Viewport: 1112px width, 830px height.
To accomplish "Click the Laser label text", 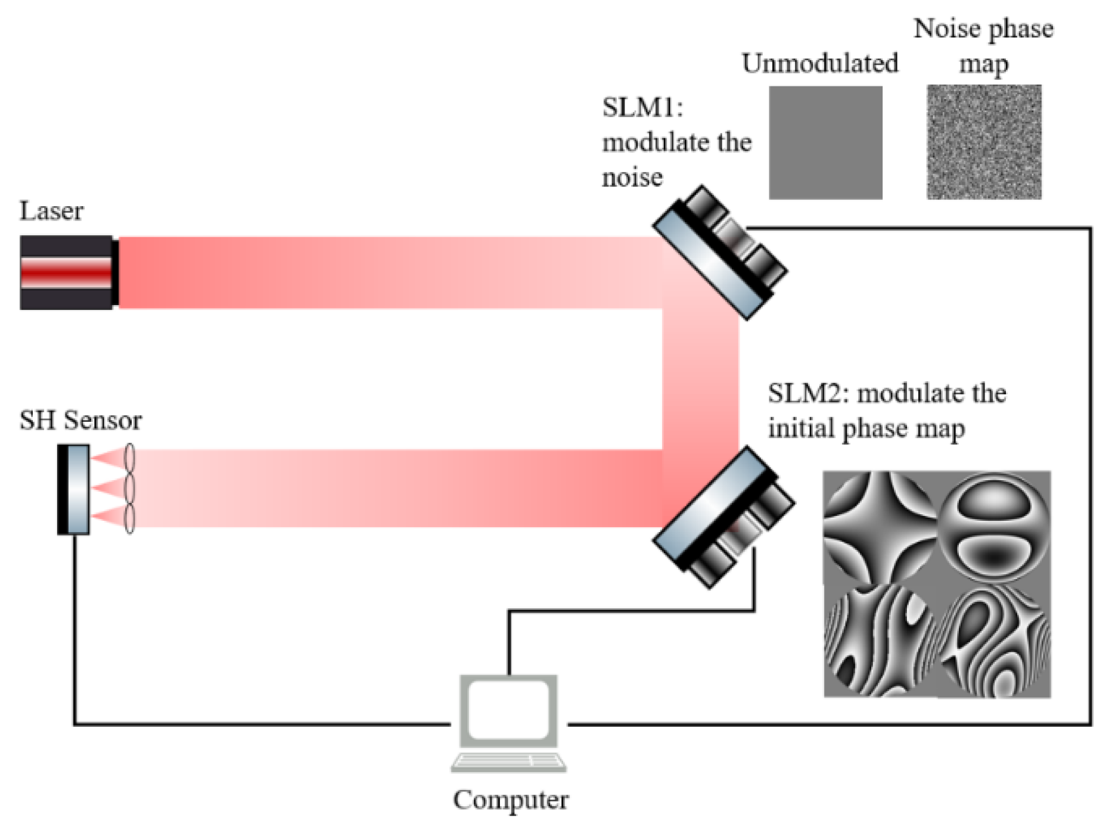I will click(x=51, y=211).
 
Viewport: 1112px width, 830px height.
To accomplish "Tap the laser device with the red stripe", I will click(x=67, y=273).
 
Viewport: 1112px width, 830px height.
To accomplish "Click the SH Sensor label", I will click(x=80, y=420).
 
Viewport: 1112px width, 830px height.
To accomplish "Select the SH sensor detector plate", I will click(x=74, y=489).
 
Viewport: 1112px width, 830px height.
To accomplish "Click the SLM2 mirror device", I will click(x=723, y=518).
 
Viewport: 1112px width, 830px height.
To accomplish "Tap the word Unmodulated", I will click(x=819, y=63).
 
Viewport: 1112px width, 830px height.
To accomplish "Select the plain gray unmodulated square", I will click(x=825, y=142).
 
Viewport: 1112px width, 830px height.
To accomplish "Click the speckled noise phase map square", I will click(x=984, y=142).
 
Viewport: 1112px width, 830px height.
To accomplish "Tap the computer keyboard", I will click(x=508, y=762).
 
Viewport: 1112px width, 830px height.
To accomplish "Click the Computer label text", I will click(x=511, y=799).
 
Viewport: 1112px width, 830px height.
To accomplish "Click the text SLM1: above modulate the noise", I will click(x=642, y=108).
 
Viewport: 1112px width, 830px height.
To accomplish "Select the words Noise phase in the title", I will click(x=983, y=29).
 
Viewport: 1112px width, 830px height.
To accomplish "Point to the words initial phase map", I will click(x=866, y=428).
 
